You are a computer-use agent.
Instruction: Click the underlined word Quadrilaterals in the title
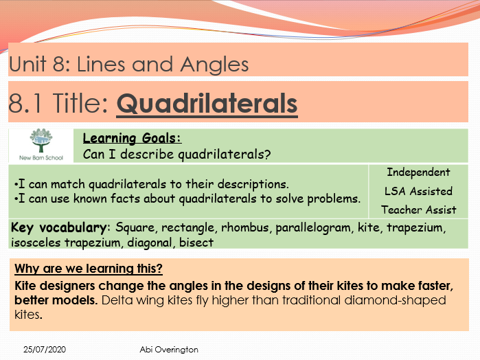[207, 104]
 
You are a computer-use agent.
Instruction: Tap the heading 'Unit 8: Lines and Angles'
[128, 65]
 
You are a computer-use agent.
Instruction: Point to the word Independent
[418, 172]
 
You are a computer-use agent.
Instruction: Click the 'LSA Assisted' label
[418, 191]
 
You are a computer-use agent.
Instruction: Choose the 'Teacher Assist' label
[418, 210]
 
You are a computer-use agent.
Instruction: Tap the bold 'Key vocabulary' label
[59, 227]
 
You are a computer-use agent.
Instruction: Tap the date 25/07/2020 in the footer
[41, 350]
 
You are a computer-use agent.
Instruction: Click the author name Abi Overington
[168, 350]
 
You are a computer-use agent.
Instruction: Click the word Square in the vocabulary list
[133, 227]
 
